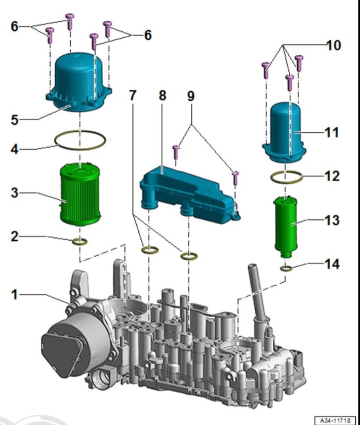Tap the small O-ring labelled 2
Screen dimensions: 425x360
tap(80, 243)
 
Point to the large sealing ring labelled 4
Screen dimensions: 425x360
tap(80, 140)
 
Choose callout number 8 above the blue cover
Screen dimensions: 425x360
tap(162, 96)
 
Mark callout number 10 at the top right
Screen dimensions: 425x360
tap(333, 46)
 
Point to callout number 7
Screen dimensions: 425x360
tap(132, 96)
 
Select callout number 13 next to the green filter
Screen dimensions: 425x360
tap(332, 220)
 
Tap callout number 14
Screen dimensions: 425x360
tap(332, 264)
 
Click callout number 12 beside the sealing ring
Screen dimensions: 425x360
tap(332, 175)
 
